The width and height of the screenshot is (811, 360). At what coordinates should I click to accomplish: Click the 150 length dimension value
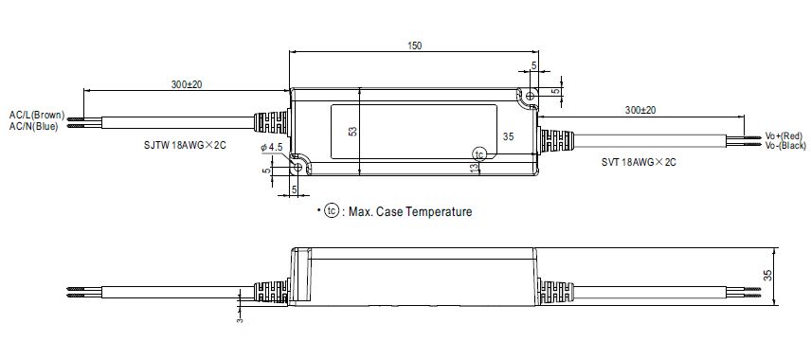(413, 45)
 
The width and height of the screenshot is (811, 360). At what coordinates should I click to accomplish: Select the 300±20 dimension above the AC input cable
(187, 84)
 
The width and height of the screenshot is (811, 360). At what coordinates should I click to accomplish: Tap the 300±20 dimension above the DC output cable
(640, 111)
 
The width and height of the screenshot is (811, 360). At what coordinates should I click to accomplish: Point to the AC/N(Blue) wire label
(34, 126)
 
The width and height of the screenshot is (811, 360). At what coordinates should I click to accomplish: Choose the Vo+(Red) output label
(784, 136)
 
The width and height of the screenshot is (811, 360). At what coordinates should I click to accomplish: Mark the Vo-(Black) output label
(785, 147)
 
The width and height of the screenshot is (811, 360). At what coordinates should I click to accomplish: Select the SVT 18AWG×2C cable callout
(638, 162)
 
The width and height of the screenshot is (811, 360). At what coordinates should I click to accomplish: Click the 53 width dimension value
(352, 132)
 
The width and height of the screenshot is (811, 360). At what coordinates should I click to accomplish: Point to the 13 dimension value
(473, 167)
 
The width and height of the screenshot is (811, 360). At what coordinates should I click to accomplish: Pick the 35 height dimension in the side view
(768, 276)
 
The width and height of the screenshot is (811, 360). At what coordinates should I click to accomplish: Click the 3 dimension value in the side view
(241, 319)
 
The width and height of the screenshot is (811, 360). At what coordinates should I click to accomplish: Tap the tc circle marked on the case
(479, 153)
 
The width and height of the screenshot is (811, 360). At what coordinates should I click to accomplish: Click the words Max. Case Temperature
(409, 212)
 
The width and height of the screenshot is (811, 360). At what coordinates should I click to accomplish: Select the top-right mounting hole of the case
(530, 96)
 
